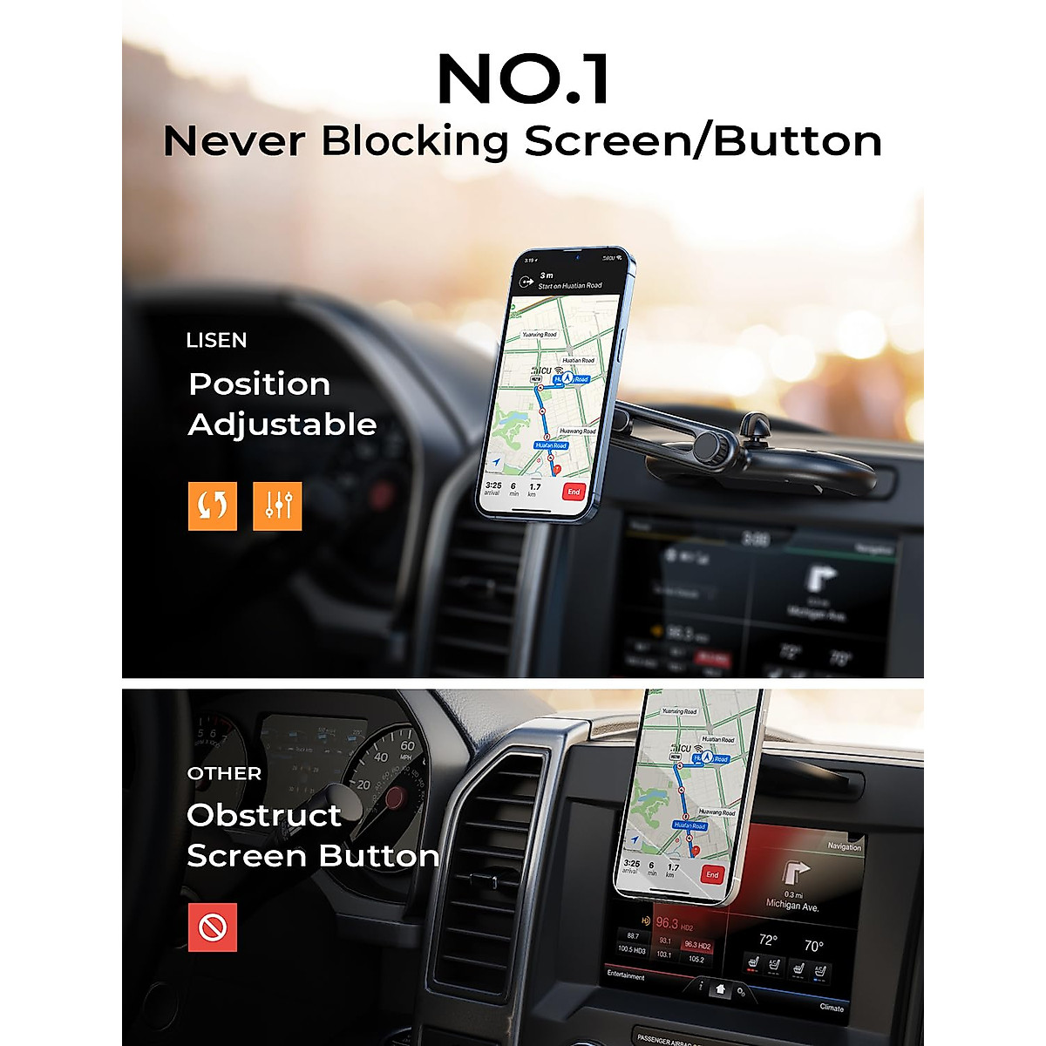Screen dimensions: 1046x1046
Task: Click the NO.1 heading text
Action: pyautogui.click(x=523, y=80)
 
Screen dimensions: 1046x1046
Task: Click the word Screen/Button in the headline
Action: pyautogui.click(x=703, y=142)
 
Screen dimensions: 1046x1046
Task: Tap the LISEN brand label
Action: pyautogui.click(x=216, y=341)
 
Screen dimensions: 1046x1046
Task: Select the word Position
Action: pyautogui.click(x=259, y=384)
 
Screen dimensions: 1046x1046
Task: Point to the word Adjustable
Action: pyautogui.click(x=282, y=425)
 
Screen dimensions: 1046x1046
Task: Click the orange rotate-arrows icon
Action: pyautogui.click(x=212, y=506)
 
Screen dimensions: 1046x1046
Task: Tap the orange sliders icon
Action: pyautogui.click(x=277, y=506)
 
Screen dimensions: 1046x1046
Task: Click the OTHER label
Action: pyautogui.click(x=224, y=774)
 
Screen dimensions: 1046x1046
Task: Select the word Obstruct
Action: pyautogui.click(x=263, y=816)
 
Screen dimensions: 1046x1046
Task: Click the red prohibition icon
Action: pyautogui.click(x=213, y=927)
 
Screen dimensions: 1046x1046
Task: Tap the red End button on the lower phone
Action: pyautogui.click(x=712, y=874)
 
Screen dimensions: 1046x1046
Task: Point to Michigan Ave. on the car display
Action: pyautogui.click(x=792, y=906)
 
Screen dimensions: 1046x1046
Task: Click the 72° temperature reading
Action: pyautogui.click(x=767, y=941)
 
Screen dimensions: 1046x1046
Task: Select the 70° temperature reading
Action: pyautogui.click(x=813, y=946)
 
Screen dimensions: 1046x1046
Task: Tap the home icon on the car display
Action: pyautogui.click(x=720, y=989)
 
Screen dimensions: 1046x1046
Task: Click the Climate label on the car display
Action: pyautogui.click(x=831, y=1008)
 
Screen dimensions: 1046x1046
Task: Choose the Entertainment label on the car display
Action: pyautogui.click(x=626, y=975)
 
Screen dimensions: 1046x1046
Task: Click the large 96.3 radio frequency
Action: pyautogui.click(x=667, y=923)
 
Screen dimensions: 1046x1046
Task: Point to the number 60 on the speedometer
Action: pyautogui.click(x=407, y=746)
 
